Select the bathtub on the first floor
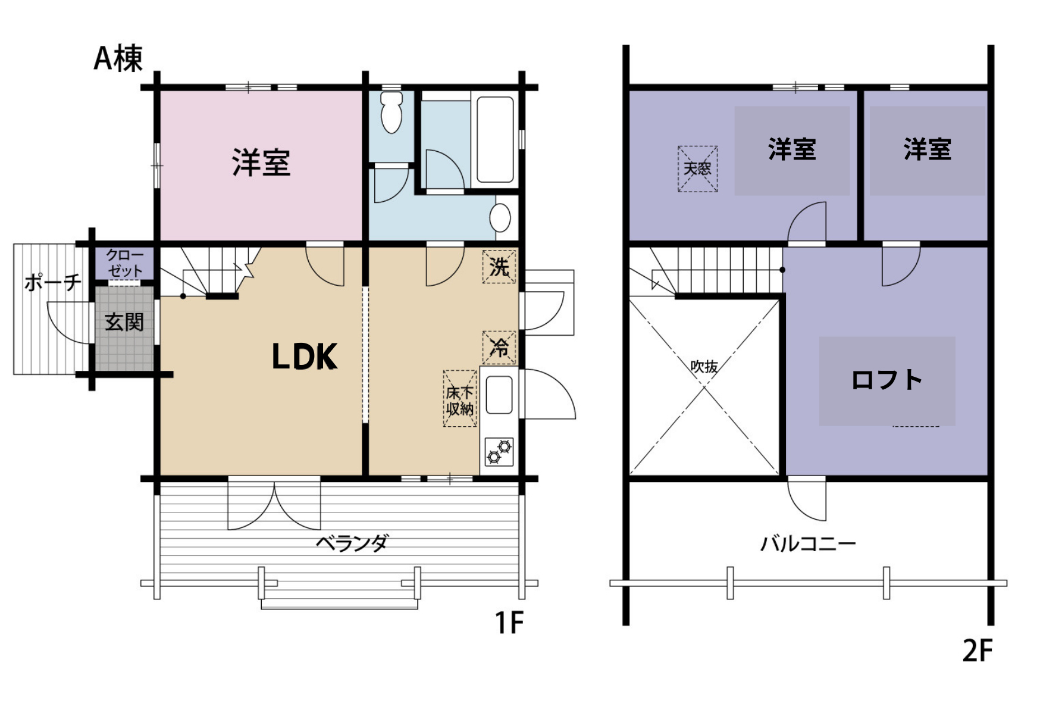[494, 139]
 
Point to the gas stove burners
[499, 451]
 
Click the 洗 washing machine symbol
[499, 266]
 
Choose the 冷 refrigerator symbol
[499, 347]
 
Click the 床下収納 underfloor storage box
[460, 399]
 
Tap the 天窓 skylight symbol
[697, 168]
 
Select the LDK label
[304, 357]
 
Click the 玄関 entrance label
[124, 322]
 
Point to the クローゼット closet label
[125, 263]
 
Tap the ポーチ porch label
[53, 282]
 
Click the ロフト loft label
[886, 380]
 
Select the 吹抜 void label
[704, 366]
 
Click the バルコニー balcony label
[808, 543]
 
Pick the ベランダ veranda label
[352, 543]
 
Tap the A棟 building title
[118, 58]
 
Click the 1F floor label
[509, 623]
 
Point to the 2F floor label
[978, 651]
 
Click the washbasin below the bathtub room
[500, 218]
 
